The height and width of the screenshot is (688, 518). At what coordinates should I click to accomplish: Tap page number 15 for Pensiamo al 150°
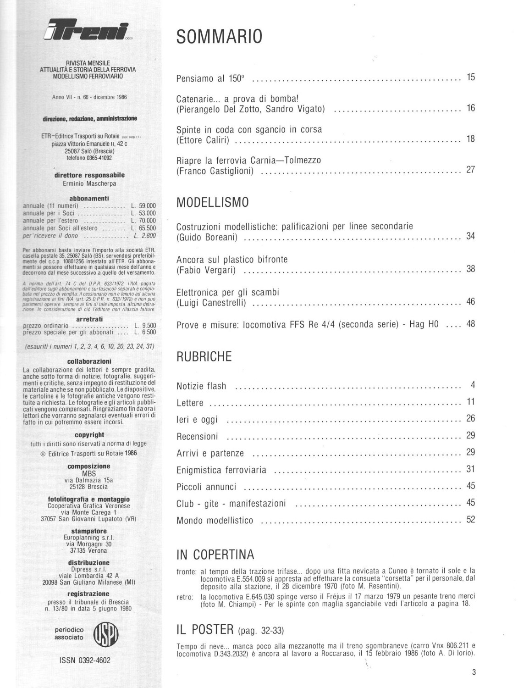tap(470, 77)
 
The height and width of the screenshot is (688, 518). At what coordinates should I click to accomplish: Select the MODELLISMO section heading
tap(213, 202)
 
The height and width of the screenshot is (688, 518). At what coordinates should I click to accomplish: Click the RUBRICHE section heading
tap(204, 356)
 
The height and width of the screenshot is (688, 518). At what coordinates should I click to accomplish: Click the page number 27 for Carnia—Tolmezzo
tap(470, 170)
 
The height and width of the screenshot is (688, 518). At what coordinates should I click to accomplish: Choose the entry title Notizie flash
tap(201, 386)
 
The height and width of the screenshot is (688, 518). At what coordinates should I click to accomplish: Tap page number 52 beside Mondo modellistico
tap(470, 519)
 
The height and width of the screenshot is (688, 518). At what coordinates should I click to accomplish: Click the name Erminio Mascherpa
tap(89, 183)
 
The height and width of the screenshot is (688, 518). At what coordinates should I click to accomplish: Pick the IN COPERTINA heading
tap(215, 555)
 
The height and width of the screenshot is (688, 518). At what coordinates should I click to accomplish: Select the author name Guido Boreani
tap(207, 238)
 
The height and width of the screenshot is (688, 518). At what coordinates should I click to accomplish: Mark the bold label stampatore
tap(89, 532)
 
